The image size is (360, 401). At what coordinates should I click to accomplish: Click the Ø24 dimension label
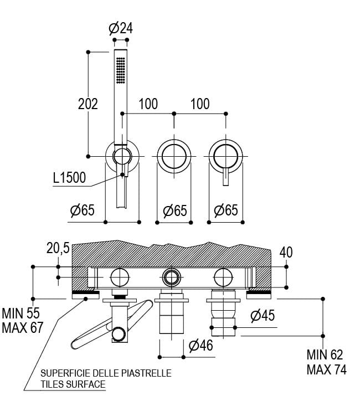(x=121, y=28)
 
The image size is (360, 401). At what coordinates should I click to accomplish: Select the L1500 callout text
(x=69, y=178)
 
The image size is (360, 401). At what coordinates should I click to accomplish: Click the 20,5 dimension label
(x=58, y=249)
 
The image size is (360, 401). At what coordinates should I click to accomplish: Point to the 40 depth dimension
(x=286, y=252)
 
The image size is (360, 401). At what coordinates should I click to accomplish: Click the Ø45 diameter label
(x=263, y=316)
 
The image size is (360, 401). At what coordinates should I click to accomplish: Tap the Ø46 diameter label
(x=200, y=346)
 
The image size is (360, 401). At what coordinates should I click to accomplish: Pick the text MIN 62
(x=325, y=355)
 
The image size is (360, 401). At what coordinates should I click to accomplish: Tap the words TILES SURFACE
(x=73, y=384)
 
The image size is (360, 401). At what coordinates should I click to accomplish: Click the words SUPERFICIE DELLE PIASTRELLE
(x=106, y=373)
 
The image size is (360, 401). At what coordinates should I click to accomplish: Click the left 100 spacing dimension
(x=148, y=104)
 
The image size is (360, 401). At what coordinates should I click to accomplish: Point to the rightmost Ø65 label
(x=225, y=210)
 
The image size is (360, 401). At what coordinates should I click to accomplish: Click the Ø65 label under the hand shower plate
(x=83, y=210)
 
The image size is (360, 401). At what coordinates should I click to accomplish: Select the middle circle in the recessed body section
(x=171, y=276)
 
